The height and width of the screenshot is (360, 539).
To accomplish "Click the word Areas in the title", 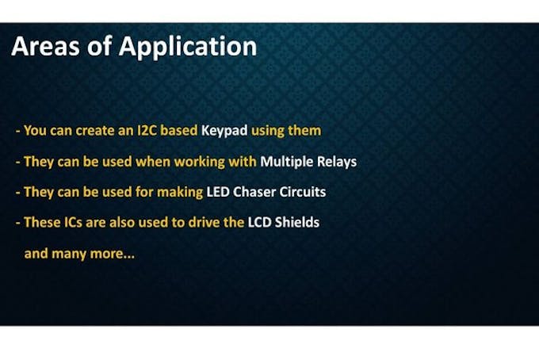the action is point(45,46).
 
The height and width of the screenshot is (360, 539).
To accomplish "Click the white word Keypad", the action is point(224,131).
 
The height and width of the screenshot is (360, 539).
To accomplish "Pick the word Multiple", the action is point(287,162).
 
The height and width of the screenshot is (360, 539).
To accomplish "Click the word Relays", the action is point(337,162).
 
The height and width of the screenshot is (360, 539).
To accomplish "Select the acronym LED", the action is point(218,192).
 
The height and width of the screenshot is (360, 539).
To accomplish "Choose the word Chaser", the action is point(254,192).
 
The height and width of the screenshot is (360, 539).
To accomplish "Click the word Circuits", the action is point(303,192).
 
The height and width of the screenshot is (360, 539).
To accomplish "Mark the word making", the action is point(180,193).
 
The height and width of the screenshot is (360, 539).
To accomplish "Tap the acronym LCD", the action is point(259,223).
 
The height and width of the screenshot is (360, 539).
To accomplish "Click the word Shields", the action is point(297,223).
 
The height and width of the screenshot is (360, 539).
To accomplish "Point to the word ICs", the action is point(73,223).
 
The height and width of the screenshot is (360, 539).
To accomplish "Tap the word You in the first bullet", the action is point(35,131).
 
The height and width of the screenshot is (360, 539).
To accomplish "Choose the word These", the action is point(42,223).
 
